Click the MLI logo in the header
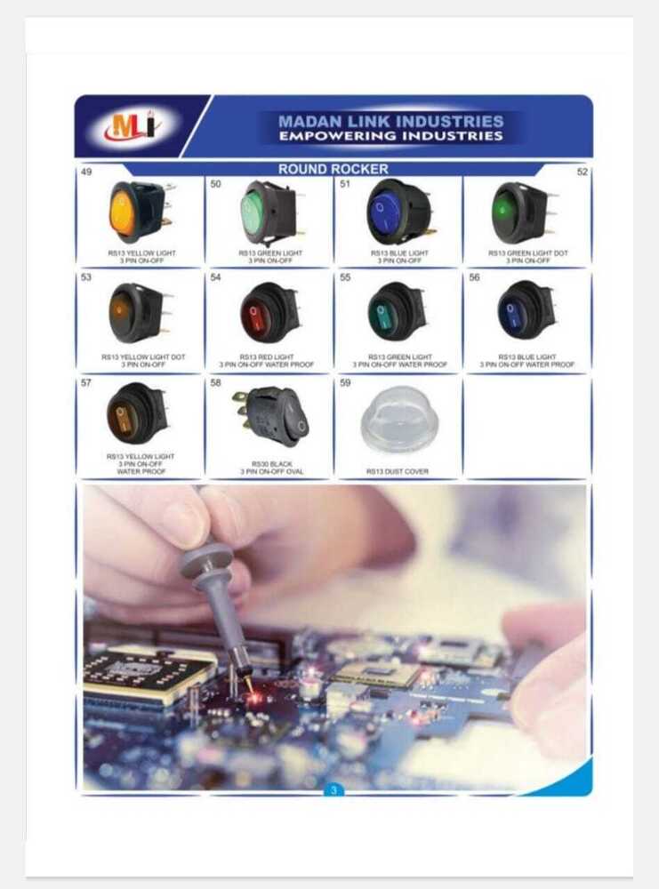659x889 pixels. point(131,127)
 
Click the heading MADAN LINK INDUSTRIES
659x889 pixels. point(390,121)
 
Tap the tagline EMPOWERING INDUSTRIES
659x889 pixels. point(390,136)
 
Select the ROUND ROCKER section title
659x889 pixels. point(333,169)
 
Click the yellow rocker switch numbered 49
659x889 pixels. point(136,212)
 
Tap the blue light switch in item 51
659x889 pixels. point(398,212)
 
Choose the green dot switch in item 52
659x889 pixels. point(523,212)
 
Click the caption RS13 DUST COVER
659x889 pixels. point(397,471)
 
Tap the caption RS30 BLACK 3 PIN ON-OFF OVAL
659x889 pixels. point(270,467)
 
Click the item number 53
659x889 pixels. point(86,277)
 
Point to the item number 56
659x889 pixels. point(474,277)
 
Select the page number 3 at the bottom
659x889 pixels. point(333,790)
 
